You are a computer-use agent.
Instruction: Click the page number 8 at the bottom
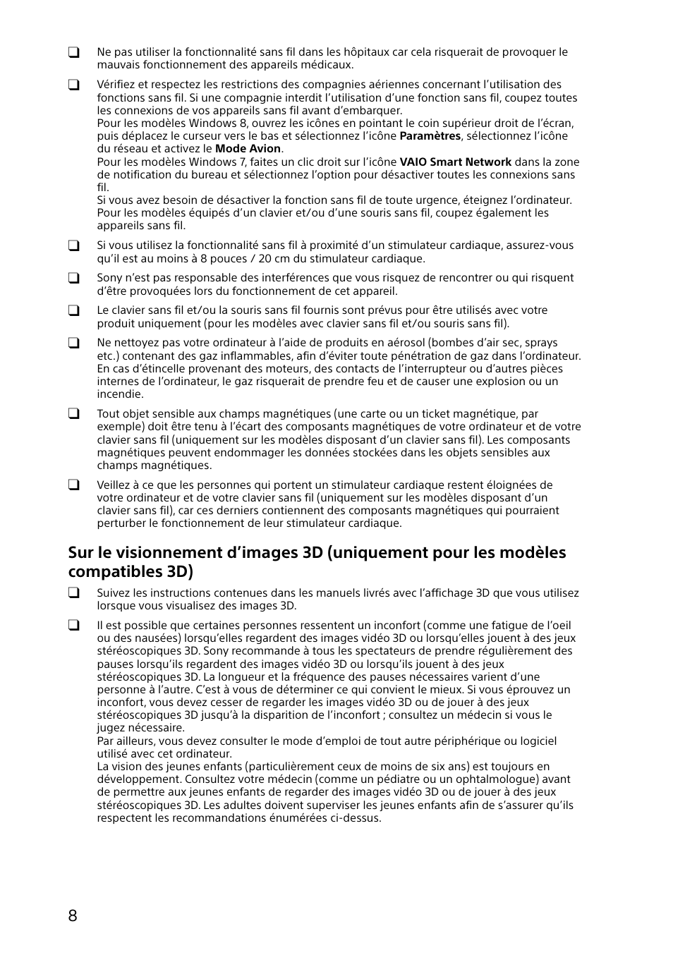pos(73,916)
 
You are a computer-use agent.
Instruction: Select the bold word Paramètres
pos(430,136)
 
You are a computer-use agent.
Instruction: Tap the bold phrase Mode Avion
pos(248,149)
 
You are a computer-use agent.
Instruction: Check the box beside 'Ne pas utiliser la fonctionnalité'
pos(73,52)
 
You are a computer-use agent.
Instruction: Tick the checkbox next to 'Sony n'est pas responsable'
pos(73,278)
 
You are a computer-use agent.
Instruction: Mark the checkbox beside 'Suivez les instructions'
pos(73,593)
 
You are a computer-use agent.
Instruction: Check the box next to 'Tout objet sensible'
pos(73,414)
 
